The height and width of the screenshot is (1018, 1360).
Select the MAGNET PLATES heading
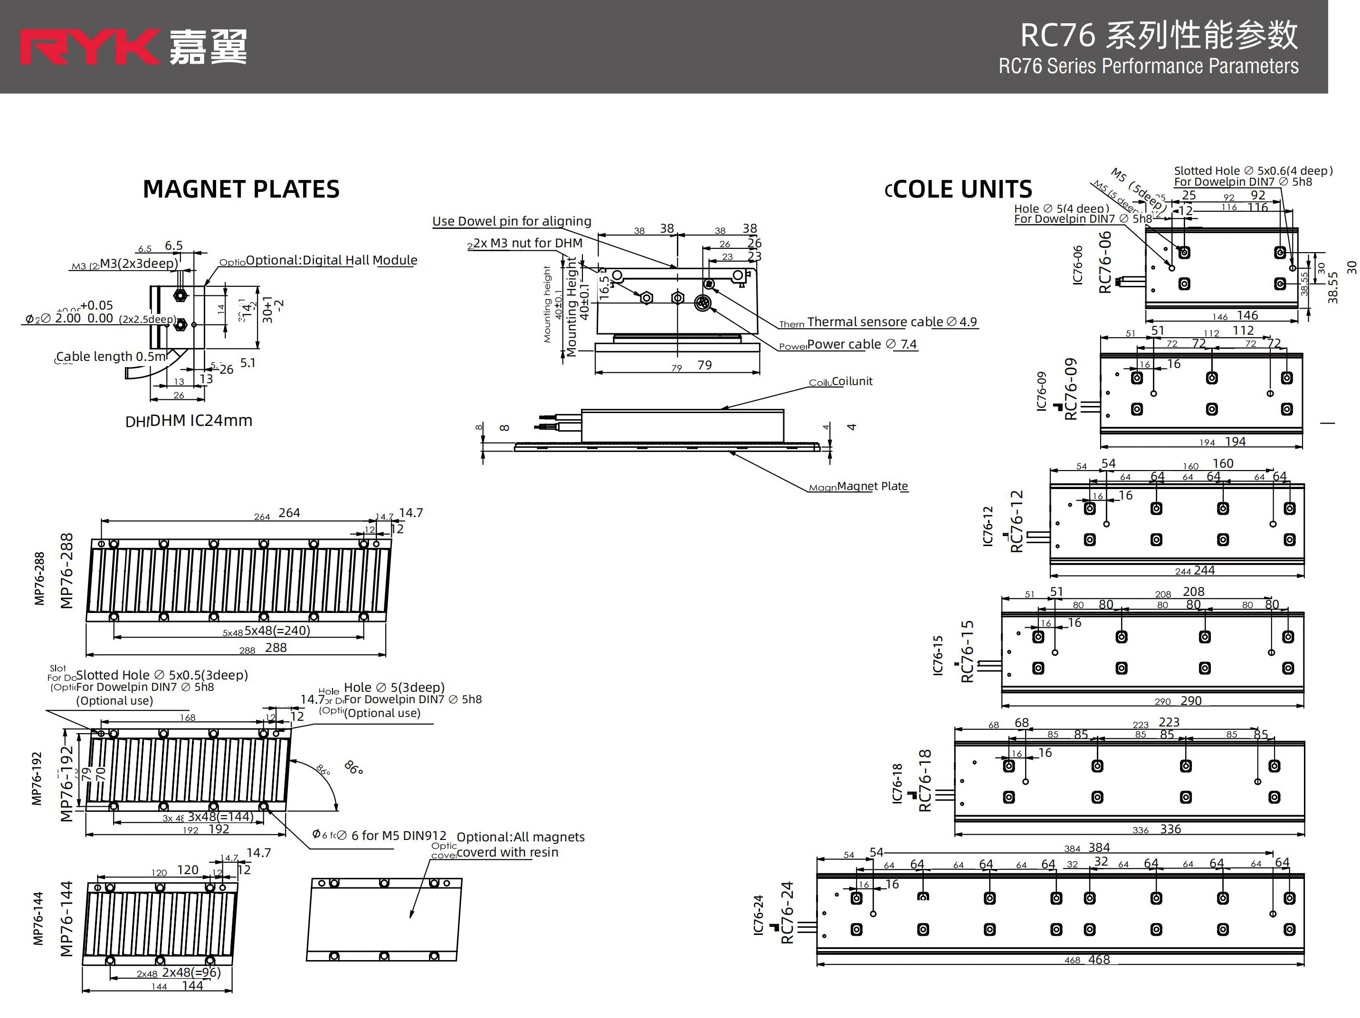241,189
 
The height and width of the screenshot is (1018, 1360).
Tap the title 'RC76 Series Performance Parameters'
1148,66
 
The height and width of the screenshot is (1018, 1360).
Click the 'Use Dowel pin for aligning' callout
512,221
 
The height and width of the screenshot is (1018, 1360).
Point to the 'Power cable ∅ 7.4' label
861,344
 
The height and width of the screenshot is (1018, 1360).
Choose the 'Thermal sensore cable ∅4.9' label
892,321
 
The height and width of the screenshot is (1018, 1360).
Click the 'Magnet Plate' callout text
872,486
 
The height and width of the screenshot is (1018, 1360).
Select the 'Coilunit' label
852,381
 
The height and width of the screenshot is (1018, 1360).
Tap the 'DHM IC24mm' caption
200,421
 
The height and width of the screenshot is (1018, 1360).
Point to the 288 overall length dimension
276,647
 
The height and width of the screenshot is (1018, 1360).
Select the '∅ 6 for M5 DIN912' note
399,835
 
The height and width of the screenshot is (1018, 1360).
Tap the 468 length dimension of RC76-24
1099,960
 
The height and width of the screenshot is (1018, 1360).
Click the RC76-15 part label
967,651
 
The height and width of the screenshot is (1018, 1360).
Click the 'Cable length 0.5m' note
111,357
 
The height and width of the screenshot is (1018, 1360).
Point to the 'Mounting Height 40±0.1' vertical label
577,305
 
